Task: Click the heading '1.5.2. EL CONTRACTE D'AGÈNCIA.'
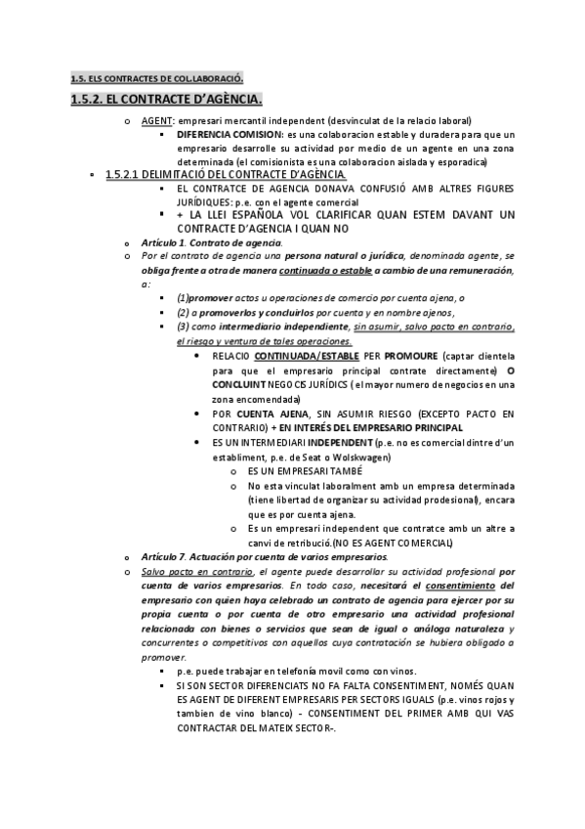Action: [x=167, y=100]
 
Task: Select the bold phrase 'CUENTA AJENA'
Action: [x=270, y=414]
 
